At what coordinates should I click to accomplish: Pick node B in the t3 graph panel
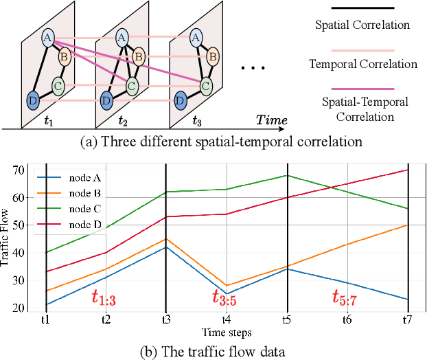(213, 55)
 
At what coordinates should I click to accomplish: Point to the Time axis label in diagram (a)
(273, 120)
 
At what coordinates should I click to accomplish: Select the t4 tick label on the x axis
(227, 319)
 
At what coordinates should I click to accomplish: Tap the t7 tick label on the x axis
(408, 319)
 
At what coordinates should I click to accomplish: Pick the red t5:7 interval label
(347, 298)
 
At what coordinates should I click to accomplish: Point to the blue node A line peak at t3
(165, 247)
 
